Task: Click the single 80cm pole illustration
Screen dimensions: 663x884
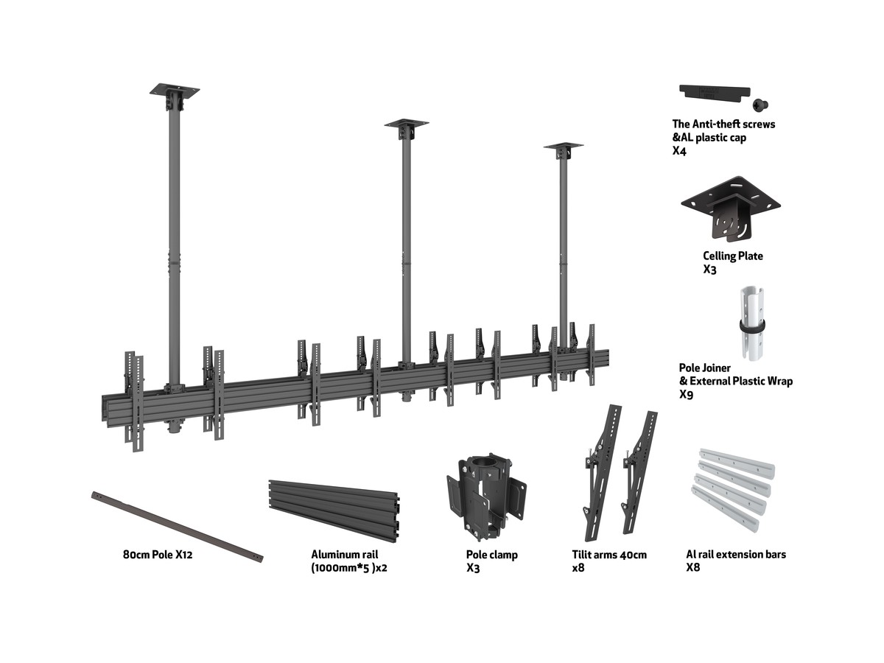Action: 177,525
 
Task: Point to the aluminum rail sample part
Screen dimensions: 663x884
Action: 335,509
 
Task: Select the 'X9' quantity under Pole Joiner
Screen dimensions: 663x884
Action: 686,395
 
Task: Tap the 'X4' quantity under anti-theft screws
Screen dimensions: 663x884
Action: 679,151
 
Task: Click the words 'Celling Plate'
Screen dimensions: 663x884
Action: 732,256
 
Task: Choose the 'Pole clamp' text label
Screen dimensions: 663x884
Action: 491,555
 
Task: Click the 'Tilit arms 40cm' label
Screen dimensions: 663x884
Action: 609,555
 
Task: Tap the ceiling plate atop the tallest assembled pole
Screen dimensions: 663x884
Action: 175,91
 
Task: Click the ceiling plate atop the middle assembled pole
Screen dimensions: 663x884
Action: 407,123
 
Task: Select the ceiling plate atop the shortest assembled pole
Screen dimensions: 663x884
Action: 564,147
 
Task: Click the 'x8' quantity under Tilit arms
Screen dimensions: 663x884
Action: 578,568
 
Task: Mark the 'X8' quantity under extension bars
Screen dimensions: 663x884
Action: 692,567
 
